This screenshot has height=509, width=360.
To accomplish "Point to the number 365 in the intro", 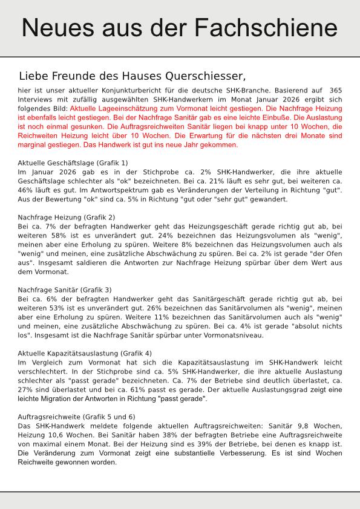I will [333, 90].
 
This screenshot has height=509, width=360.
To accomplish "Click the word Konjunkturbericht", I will [114, 90].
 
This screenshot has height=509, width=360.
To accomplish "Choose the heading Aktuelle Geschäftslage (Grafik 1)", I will [73, 163].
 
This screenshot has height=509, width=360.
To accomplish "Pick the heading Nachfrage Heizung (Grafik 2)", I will [67, 217].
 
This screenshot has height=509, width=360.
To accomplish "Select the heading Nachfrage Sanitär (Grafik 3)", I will [65, 290].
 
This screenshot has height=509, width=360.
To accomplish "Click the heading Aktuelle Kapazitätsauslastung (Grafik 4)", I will [85, 353].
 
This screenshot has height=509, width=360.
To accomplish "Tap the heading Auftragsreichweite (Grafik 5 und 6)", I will [76, 417].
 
